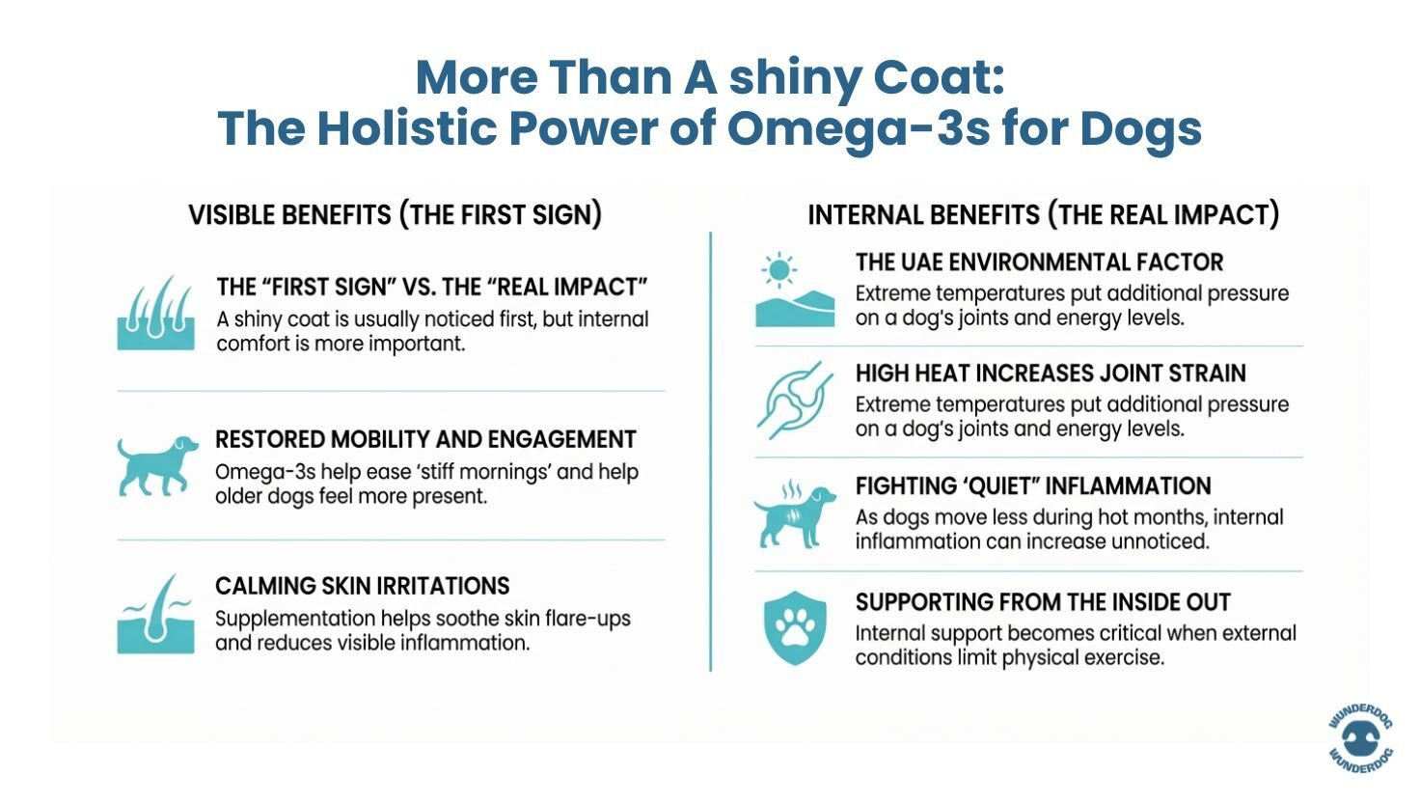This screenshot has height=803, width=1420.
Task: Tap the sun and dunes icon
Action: [795, 291]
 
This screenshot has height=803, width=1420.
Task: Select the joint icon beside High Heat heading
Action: [795, 401]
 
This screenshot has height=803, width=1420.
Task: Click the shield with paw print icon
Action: [795, 627]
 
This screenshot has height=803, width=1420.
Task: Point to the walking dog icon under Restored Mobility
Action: [156, 465]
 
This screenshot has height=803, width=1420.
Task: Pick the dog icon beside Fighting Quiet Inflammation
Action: [795, 514]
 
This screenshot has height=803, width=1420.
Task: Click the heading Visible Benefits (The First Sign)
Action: [395, 214]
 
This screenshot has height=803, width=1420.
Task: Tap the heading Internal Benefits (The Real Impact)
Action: [1043, 214]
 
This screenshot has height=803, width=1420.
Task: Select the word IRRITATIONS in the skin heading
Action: [438, 586]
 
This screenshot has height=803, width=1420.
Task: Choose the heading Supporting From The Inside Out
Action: [1043, 602]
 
